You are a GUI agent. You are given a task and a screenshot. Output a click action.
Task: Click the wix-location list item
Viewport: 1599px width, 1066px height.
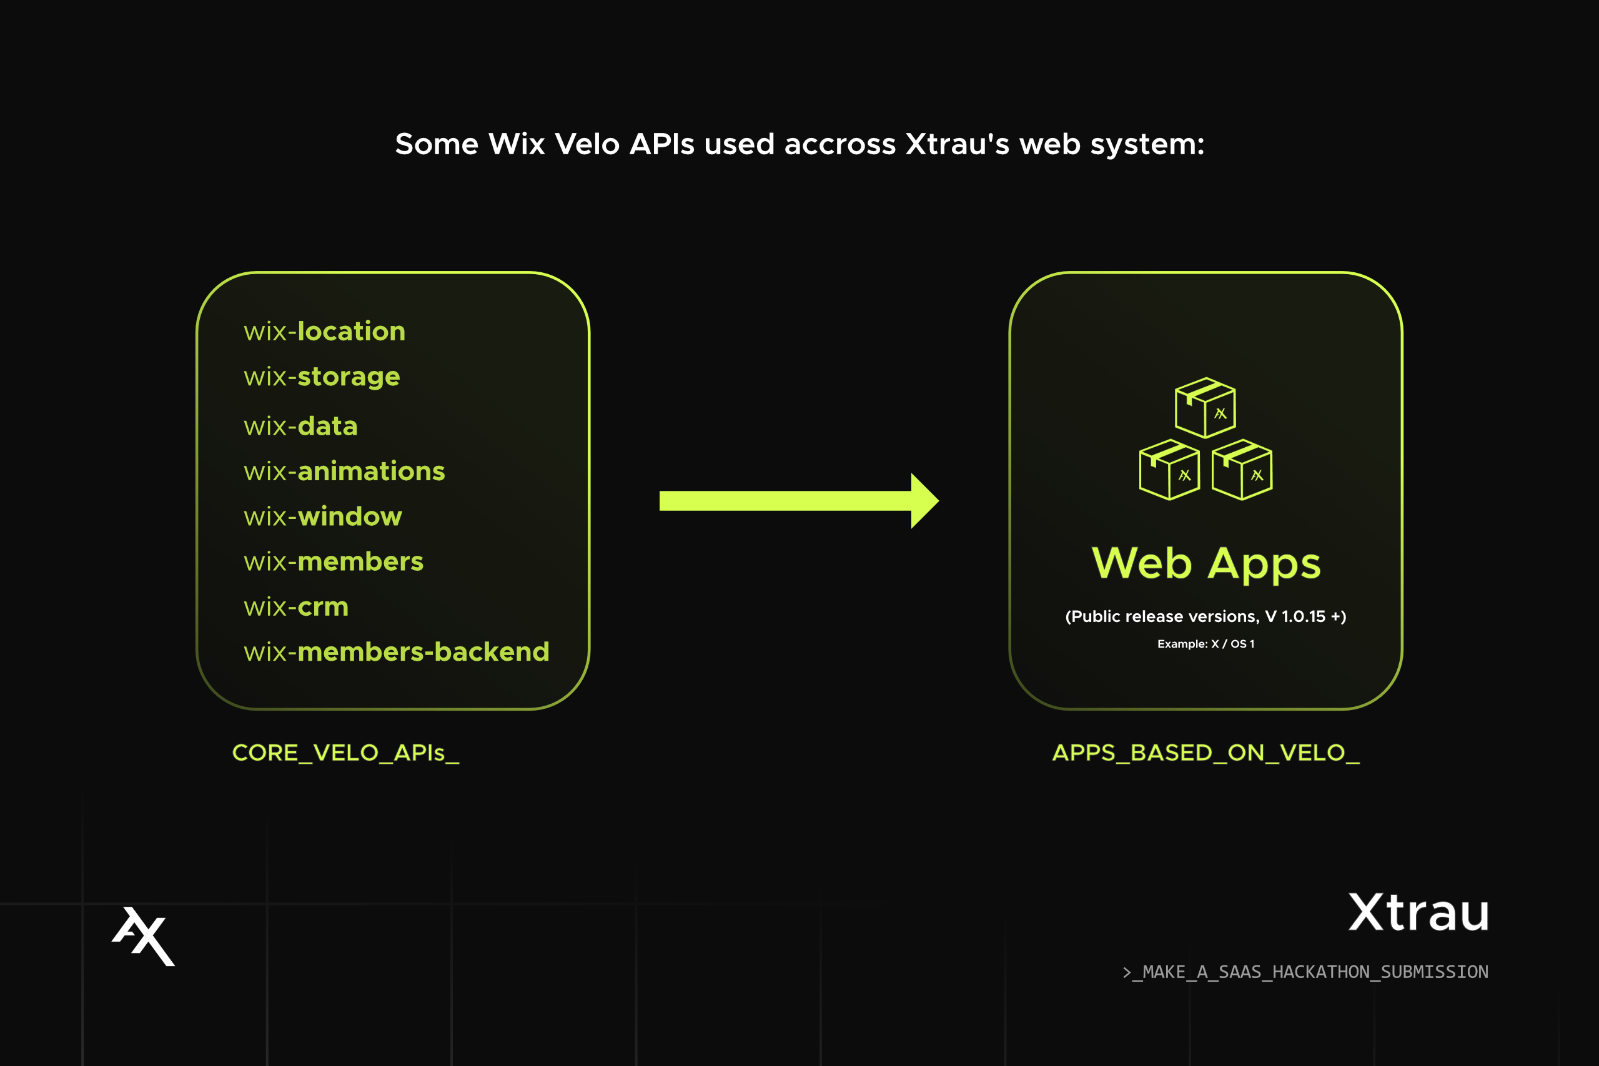tap(324, 332)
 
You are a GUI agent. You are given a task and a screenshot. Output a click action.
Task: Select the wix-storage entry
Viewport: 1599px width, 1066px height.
tap(322, 377)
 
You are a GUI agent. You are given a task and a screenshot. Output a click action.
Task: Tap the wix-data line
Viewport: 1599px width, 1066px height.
tap(300, 427)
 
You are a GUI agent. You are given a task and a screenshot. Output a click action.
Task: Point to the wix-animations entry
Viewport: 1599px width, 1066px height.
tap(344, 471)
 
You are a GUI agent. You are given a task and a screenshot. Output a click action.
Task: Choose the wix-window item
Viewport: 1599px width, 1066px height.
tap(323, 516)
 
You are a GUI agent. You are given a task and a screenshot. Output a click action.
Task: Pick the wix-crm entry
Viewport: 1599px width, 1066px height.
tap(295, 606)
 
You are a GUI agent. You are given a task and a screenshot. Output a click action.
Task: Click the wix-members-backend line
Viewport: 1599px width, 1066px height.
tap(397, 652)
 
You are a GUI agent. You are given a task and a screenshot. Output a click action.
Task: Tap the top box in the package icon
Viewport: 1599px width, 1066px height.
tap(1205, 408)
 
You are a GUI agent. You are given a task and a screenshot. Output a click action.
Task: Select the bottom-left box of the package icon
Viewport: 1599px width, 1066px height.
tap(1169, 470)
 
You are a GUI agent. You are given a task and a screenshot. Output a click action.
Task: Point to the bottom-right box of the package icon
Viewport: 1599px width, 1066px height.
tap(1242, 470)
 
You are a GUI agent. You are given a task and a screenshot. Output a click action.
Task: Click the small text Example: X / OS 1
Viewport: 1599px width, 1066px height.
tap(1206, 644)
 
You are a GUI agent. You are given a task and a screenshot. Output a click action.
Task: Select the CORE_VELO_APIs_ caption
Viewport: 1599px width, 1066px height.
tap(345, 753)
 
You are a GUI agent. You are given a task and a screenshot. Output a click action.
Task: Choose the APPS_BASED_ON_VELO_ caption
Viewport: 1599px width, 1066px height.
tap(1206, 753)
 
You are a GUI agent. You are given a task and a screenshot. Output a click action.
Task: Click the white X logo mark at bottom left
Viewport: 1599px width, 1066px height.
tap(144, 935)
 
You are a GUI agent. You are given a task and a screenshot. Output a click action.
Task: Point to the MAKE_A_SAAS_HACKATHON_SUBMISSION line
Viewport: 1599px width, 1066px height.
tap(1305, 972)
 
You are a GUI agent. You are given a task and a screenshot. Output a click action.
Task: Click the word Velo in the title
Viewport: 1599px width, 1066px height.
tap(587, 144)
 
